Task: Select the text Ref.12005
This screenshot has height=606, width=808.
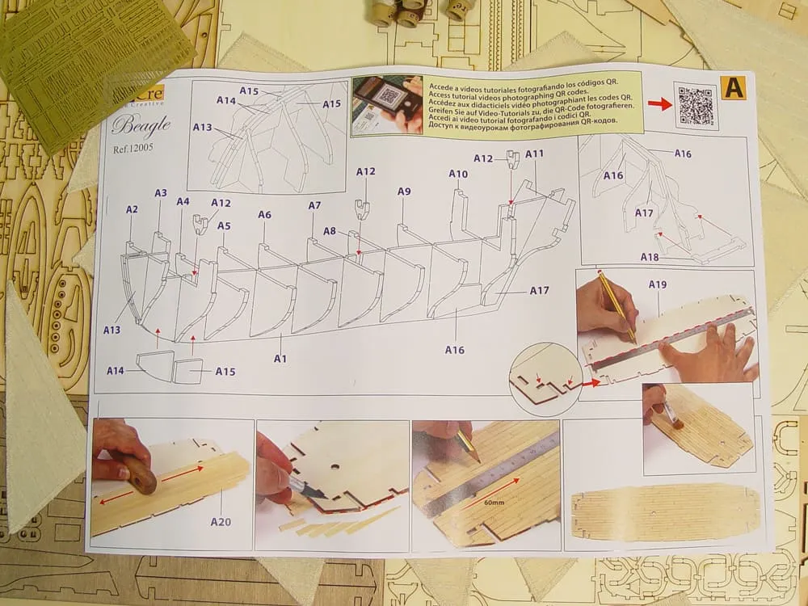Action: (133, 148)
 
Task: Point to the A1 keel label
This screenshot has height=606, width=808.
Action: (280, 357)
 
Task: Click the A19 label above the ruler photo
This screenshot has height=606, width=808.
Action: (657, 284)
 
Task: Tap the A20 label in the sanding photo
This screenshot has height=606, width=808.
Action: (220, 521)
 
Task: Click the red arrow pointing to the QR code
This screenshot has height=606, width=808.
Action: (659, 104)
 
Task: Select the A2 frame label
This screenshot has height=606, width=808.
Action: (133, 209)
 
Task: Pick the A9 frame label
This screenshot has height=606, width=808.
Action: (404, 191)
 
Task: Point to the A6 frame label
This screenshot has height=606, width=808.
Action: (264, 215)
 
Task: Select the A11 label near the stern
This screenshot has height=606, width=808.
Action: (535, 154)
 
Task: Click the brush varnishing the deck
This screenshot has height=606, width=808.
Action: (669, 414)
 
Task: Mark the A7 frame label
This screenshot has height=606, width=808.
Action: (314, 206)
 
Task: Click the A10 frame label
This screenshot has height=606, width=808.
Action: (458, 174)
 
